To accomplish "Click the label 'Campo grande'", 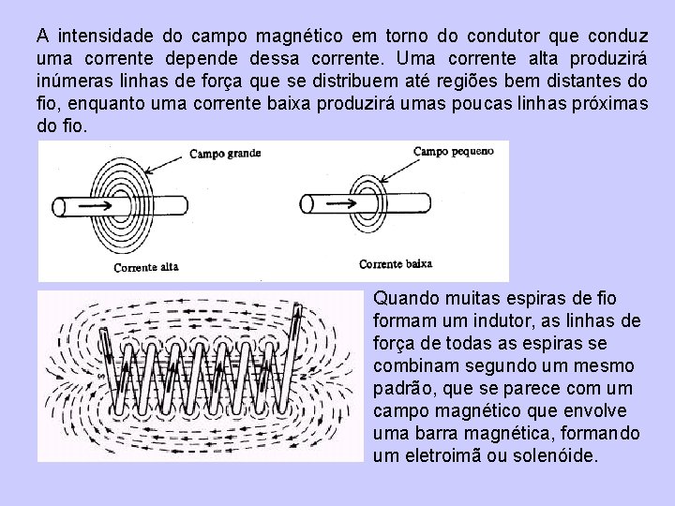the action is [x=225, y=152].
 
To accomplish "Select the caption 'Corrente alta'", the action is [x=145, y=267].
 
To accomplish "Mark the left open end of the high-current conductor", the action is [x=57, y=206].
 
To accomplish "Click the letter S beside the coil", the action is [x=100, y=376].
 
